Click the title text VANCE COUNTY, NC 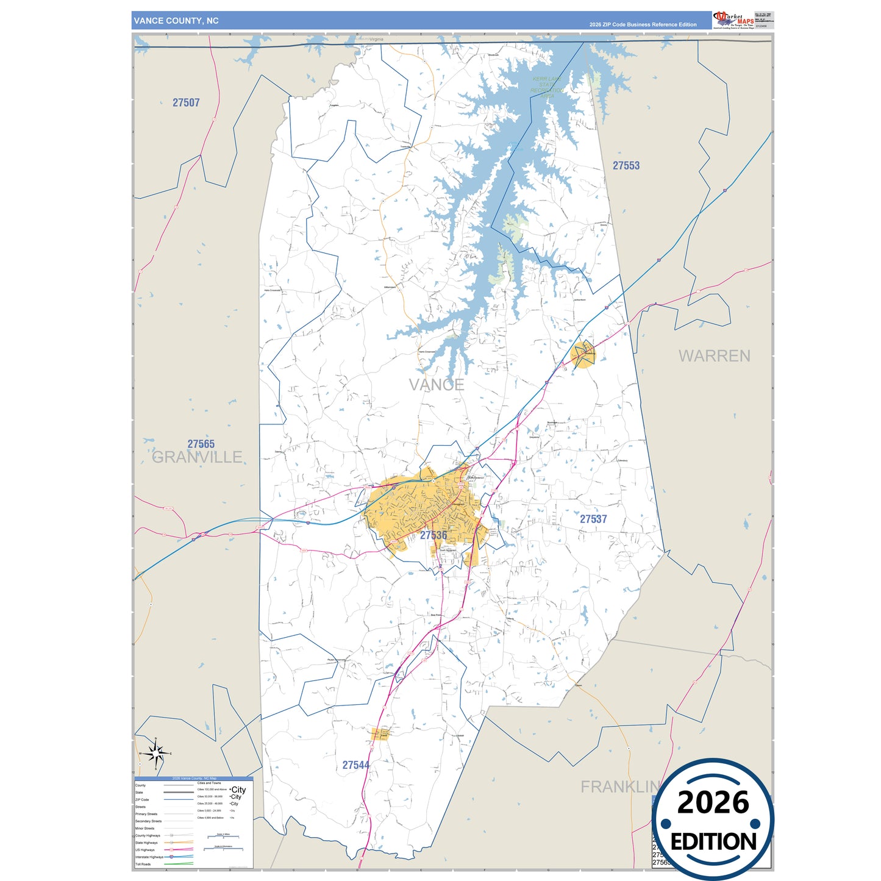176,21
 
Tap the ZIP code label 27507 186,102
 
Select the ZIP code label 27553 626,165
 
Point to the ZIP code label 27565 201,444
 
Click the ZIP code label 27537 593,519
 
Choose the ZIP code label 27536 433,535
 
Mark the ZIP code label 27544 355,765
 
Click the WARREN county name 715,356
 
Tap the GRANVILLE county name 197,457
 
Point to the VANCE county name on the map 437,385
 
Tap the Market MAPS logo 733,20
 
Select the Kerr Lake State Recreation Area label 547,87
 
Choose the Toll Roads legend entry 143,864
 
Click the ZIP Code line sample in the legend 179,799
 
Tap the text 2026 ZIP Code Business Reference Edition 643,24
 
